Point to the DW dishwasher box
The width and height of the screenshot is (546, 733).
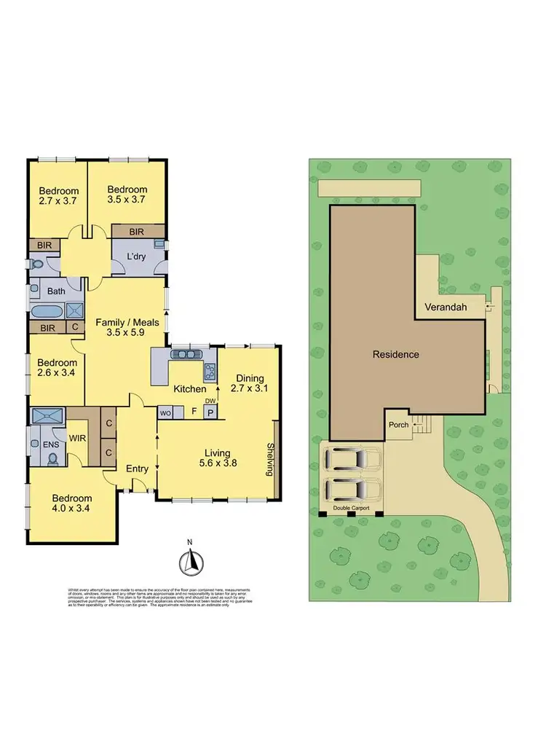pyautogui.click(x=210, y=401)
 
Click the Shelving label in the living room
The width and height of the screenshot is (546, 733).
pyautogui.click(x=270, y=458)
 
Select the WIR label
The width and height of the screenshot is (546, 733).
pyautogui.click(x=78, y=439)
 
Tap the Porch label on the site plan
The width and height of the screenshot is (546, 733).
pyautogui.click(x=398, y=425)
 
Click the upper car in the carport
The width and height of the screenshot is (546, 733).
pyautogui.click(x=352, y=459)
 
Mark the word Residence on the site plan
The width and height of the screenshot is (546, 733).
pyautogui.click(x=396, y=355)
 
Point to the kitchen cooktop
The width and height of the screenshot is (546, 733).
pyautogui.click(x=210, y=372)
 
